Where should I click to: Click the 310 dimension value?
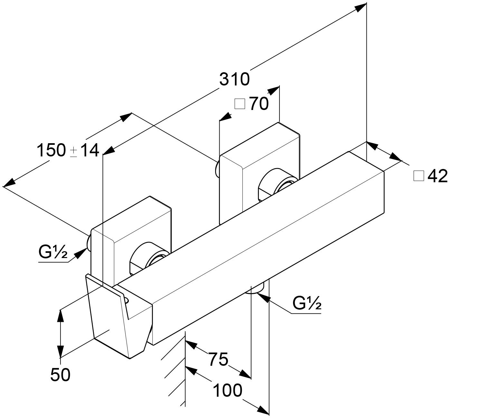(x=234, y=79)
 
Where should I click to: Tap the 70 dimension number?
(x=259, y=104)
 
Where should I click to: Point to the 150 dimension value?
(x=52, y=150)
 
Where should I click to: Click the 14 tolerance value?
(x=90, y=150)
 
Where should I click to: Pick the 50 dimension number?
(x=60, y=375)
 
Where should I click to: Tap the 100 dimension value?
(x=227, y=391)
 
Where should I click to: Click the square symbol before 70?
(x=240, y=104)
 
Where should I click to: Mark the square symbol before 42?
(x=419, y=176)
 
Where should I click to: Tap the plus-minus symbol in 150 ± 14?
(x=73, y=152)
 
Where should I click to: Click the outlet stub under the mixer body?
(x=256, y=289)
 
